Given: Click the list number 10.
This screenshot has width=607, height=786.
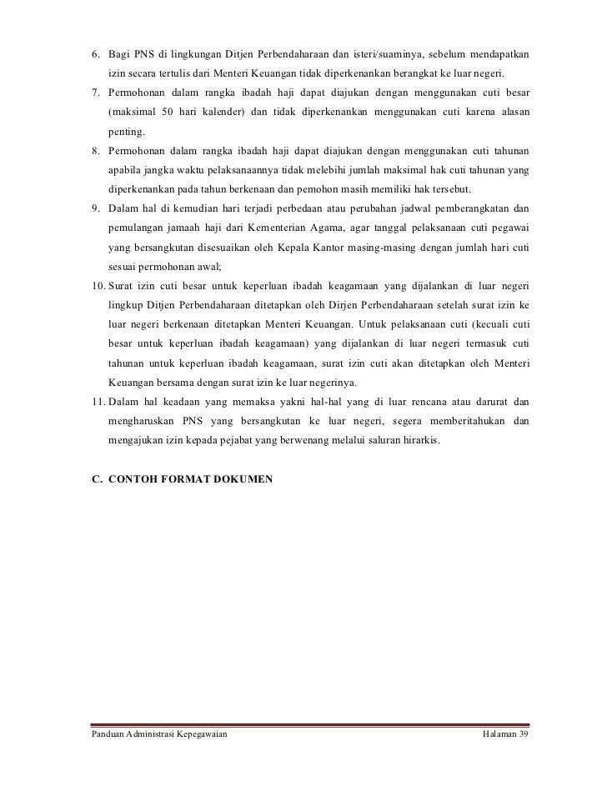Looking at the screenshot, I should pyautogui.click(x=97, y=287).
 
